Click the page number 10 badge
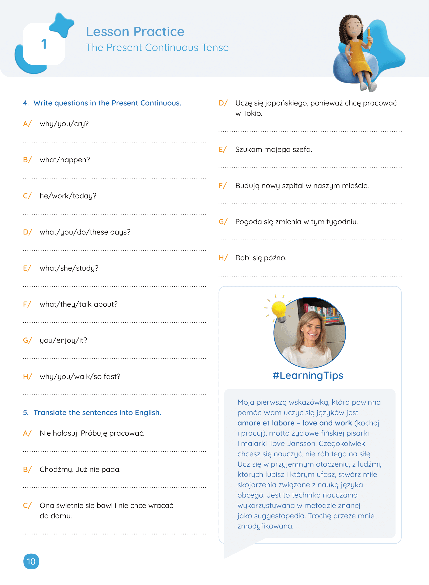pos(31,561)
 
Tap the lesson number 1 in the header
pos(44,44)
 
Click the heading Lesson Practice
pos(135,32)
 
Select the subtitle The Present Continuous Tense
pos(157,47)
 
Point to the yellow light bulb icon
pos(279,310)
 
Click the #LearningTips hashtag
pos(308,375)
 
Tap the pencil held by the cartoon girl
pos(369,38)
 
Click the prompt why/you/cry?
pos(64,124)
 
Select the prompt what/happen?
pos(65,160)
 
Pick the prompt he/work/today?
pos(68,196)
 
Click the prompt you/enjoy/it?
pos(63,340)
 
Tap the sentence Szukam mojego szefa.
pos(274,149)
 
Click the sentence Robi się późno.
pos(261,258)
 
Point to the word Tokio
pos(252,113)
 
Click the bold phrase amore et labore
pos(266,423)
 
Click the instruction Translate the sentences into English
pos(97,413)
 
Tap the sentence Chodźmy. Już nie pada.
pos(80,469)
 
